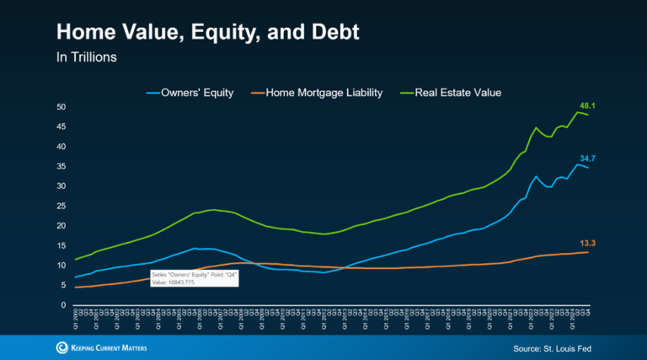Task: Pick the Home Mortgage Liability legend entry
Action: tap(318, 92)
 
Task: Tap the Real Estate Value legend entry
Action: tap(453, 92)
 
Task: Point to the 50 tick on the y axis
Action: tap(62, 107)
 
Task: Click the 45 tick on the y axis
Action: tap(62, 126)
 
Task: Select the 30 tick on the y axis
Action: tap(62, 186)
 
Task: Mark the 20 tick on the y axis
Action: tap(62, 226)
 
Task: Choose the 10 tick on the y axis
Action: tap(62, 266)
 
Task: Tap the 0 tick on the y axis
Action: tap(64, 305)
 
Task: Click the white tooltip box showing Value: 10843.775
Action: tap(194, 278)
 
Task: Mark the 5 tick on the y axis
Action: tap(64, 285)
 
